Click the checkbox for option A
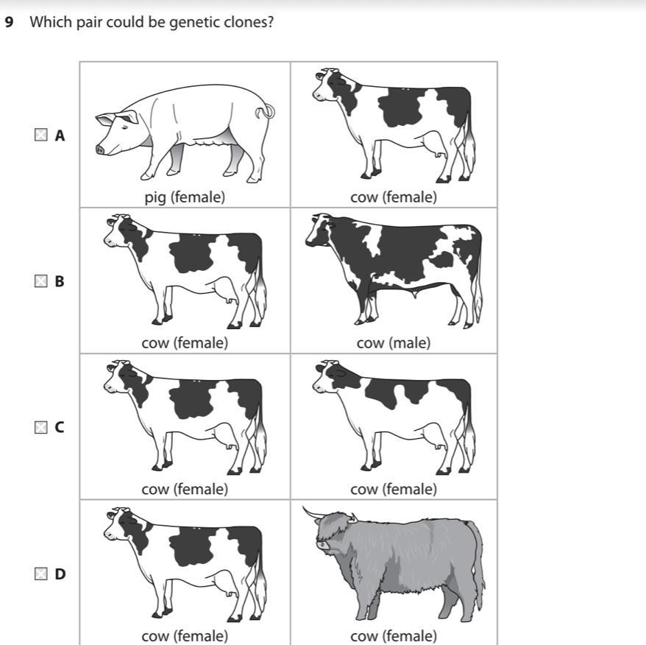40,135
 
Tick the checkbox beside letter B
40,281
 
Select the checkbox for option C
40,427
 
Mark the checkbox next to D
40,574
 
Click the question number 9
9,22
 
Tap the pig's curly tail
266,111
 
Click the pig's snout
100,149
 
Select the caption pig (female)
185,197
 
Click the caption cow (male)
394,343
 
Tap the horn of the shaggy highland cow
314,513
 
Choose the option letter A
60,135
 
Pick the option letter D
60,574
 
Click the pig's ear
128,116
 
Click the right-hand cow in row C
394,417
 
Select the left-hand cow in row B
185,271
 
